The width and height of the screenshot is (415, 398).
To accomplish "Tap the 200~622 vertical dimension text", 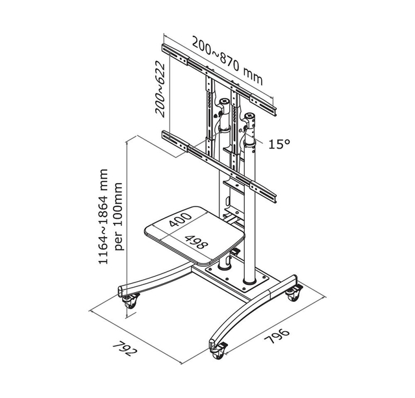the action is click(160, 89).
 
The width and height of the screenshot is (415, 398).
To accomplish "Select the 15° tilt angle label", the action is click(279, 143).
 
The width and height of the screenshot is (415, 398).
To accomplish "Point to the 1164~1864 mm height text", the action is click(103, 216).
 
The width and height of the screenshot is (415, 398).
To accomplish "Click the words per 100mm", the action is click(118, 216).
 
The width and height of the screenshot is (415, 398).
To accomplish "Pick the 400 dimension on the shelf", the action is click(181, 219).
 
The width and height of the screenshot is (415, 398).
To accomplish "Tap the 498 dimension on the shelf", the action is click(196, 242).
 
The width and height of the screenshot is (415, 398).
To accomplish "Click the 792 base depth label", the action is click(125, 349).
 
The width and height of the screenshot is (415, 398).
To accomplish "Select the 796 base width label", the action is click(277, 336).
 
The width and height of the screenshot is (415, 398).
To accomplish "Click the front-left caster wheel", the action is click(130, 301).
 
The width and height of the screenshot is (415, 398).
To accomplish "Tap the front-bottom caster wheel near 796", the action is click(218, 351).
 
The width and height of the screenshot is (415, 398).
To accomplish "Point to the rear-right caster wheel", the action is click(294, 293).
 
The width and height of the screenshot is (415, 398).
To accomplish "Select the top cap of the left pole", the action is click(225, 101).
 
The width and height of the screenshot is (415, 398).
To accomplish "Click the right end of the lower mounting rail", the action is click(275, 199).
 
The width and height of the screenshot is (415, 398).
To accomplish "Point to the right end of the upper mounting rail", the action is click(275, 112).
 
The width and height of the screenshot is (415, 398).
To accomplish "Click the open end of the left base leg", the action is click(121, 291).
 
